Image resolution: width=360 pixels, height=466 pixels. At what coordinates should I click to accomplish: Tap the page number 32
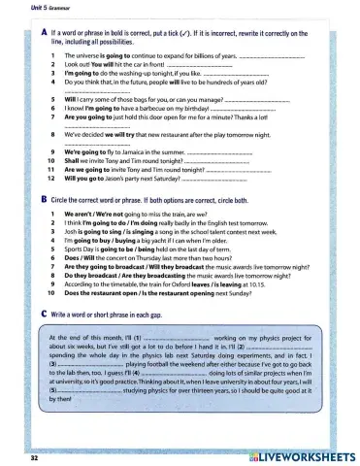click(34, 454)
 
